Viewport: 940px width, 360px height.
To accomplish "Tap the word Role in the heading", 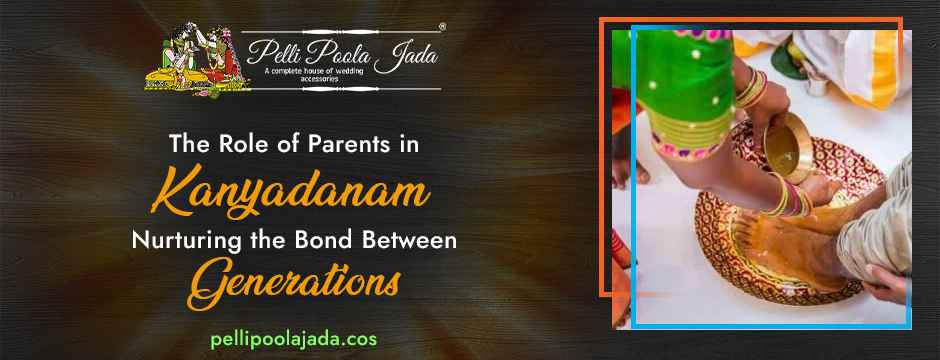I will pos(231,143).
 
